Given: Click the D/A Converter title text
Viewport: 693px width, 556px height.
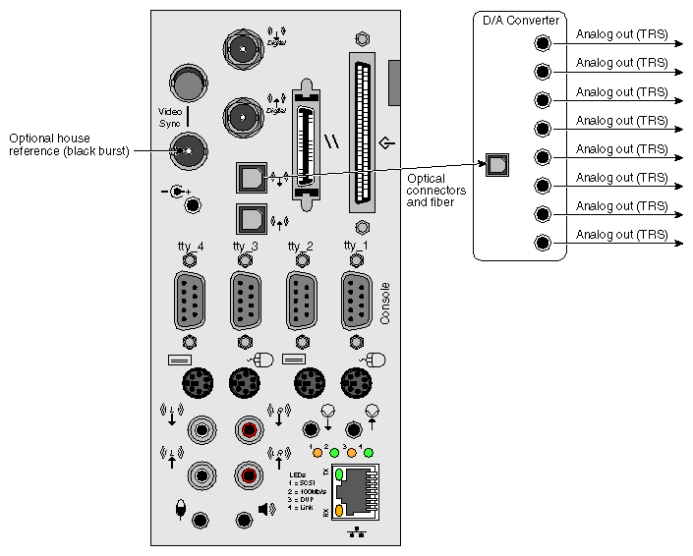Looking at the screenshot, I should [x=520, y=20].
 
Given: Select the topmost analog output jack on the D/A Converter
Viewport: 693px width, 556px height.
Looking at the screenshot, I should [x=542, y=43].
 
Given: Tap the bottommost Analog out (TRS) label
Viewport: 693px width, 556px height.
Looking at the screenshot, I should [x=621, y=235].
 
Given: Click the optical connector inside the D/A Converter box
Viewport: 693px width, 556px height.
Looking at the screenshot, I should [x=497, y=164].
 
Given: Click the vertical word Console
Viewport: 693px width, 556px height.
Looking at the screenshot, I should [x=384, y=304].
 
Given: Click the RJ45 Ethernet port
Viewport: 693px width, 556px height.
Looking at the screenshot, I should [x=360, y=489].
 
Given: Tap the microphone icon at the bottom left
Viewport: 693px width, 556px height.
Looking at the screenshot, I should [x=179, y=509].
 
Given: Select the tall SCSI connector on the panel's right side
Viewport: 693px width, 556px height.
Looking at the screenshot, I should [x=361, y=133].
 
